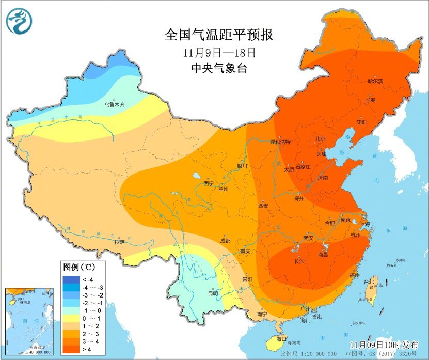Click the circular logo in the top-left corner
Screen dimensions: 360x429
19,21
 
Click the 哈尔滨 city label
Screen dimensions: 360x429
375,81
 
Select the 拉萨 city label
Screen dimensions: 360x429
119,241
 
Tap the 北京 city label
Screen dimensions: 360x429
320,139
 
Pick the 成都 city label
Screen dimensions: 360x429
225,241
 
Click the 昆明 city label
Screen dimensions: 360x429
213,293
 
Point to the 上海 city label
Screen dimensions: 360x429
364,224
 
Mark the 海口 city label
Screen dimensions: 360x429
281,339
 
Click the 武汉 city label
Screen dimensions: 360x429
308,238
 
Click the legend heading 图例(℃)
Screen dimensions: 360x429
77,268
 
